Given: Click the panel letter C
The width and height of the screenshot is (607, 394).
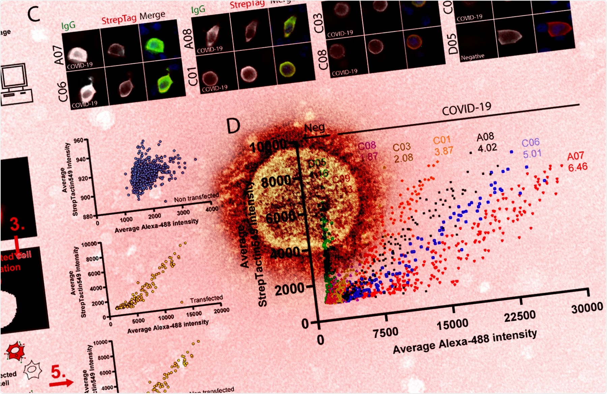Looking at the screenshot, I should click(34, 15).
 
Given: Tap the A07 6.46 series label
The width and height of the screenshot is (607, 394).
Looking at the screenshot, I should click(577, 161).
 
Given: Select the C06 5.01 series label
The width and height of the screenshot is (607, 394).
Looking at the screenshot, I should click(531, 148).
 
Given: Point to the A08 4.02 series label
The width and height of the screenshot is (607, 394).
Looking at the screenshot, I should click(487, 142).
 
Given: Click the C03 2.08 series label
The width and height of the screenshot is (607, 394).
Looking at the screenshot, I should click(403, 152).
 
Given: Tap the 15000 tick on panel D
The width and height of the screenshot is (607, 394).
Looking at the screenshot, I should click(452, 325).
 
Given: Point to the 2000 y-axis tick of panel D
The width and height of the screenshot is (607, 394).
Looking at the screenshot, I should click(289, 289).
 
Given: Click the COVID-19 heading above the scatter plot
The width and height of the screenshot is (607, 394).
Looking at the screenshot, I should click(466, 109).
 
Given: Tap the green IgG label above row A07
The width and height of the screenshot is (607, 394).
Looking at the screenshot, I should click(68, 25).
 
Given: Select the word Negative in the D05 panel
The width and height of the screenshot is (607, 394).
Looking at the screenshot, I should click(472, 57).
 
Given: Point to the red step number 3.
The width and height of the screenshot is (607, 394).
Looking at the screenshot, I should click(17, 224).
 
